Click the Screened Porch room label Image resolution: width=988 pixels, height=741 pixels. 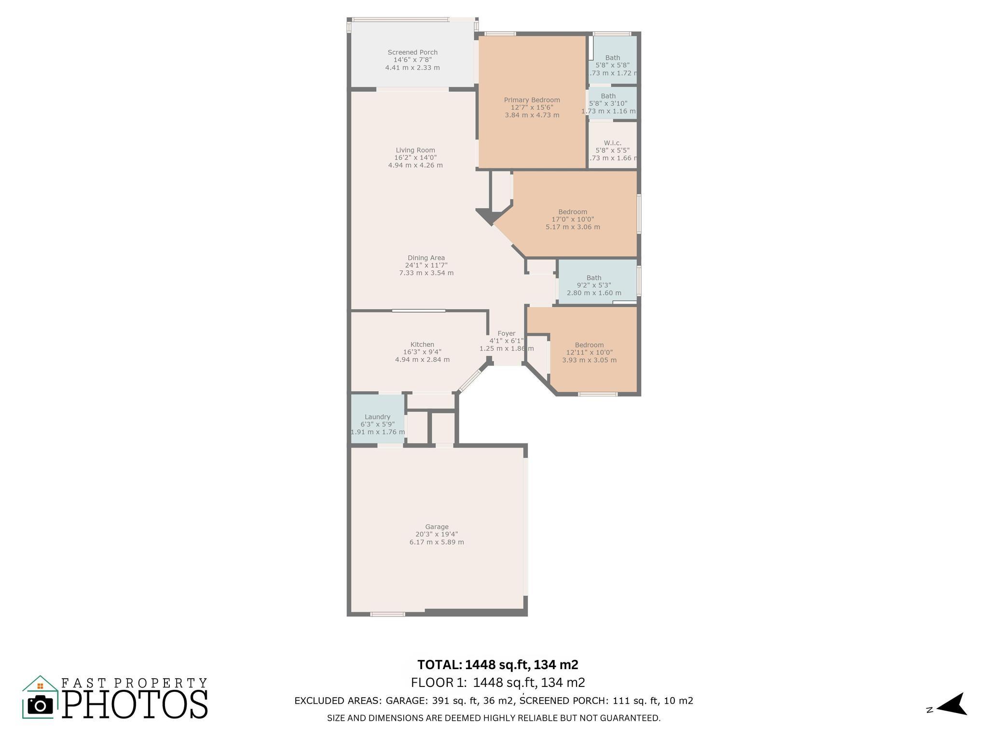pyautogui.click(x=412, y=53)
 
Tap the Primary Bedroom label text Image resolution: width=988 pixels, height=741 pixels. pyautogui.click(x=532, y=100)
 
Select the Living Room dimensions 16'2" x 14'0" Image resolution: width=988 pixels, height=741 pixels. pyautogui.click(x=415, y=158)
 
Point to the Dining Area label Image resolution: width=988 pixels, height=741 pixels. pyautogui.click(x=426, y=258)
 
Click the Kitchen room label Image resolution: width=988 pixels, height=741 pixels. pyautogui.click(x=422, y=344)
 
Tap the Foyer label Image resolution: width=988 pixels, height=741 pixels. pyautogui.click(x=506, y=333)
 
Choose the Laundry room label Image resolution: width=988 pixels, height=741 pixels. pyautogui.click(x=377, y=417)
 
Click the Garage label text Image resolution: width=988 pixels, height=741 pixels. pyautogui.click(x=437, y=527)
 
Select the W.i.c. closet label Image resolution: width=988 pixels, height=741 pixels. pyautogui.click(x=612, y=143)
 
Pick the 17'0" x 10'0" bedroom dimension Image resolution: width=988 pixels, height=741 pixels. pyautogui.click(x=573, y=220)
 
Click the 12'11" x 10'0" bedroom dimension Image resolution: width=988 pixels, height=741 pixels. pyautogui.click(x=589, y=353)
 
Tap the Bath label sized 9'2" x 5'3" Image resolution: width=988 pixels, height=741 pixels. pyautogui.click(x=594, y=278)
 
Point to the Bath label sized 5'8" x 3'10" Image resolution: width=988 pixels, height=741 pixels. pyautogui.click(x=608, y=96)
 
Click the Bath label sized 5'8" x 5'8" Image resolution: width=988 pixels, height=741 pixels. pyautogui.click(x=612, y=58)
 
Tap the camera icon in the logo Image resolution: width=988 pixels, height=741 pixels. pyautogui.click(x=40, y=705)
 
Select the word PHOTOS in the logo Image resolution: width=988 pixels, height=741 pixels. pyautogui.click(x=135, y=704)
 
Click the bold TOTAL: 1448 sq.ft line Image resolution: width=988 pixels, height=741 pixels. pyautogui.click(x=497, y=665)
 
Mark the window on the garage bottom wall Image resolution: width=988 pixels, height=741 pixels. pyautogui.click(x=387, y=614)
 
